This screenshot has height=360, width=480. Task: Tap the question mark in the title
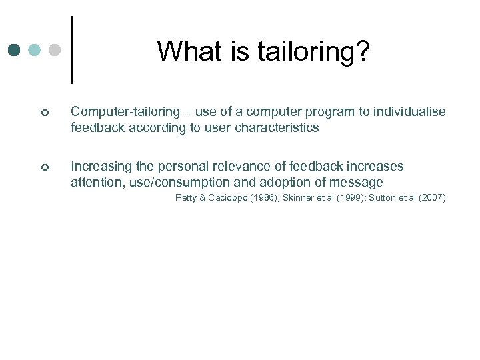(361, 51)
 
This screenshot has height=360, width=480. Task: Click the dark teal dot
(15, 50)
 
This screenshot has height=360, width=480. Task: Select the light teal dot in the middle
(35, 50)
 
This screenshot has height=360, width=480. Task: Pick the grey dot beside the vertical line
(55, 50)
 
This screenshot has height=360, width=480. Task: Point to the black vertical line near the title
(71, 49)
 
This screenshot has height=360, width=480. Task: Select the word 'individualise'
(409, 112)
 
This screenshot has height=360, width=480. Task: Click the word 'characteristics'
(277, 127)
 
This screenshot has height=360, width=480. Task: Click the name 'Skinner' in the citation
(299, 198)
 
